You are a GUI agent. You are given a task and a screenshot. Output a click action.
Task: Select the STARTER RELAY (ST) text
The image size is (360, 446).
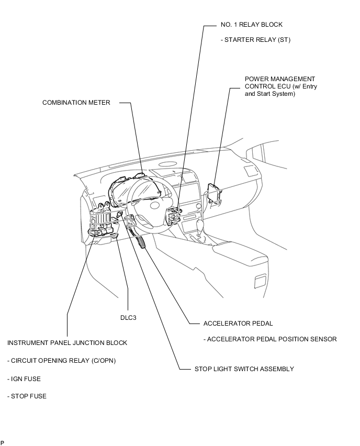257,40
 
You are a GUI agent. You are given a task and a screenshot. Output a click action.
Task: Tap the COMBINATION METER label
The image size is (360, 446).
76,103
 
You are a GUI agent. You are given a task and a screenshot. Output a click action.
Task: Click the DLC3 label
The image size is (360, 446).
128,318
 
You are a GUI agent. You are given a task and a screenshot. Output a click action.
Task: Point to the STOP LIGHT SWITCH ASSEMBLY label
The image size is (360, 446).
244,369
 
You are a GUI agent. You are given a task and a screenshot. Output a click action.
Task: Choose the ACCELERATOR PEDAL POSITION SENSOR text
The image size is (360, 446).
270,339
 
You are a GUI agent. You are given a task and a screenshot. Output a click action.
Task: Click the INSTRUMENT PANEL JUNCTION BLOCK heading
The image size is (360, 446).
67,343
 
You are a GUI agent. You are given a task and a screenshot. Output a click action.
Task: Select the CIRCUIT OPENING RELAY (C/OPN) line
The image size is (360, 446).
61,361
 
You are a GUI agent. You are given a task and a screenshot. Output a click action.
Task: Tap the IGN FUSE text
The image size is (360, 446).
24,378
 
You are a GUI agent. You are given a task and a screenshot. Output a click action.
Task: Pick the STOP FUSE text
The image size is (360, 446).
27,396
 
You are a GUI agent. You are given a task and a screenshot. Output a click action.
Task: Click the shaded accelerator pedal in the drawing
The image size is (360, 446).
143,243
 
